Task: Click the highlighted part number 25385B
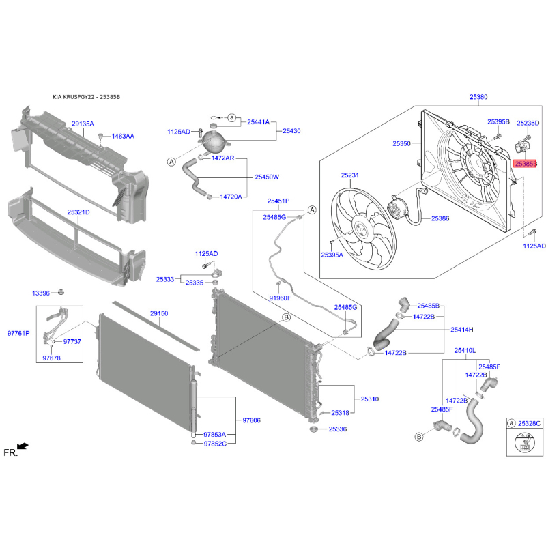click(526, 163)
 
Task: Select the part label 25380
click(478, 97)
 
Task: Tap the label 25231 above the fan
click(349, 175)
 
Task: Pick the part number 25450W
click(267, 177)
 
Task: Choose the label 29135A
click(83, 124)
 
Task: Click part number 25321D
click(78, 212)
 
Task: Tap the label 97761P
click(18, 333)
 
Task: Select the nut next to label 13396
click(61, 293)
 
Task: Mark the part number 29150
click(159, 313)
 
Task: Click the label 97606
click(251, 420)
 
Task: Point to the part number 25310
click(370, 399)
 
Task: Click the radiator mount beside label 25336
click(314, 429)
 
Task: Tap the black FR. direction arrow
click(23, 446)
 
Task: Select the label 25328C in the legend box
click(530, 423)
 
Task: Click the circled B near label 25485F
click(419, 437)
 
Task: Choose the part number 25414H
click(462, 330)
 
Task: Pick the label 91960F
click(280, 298)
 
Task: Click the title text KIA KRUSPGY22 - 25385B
click(87, 97)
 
